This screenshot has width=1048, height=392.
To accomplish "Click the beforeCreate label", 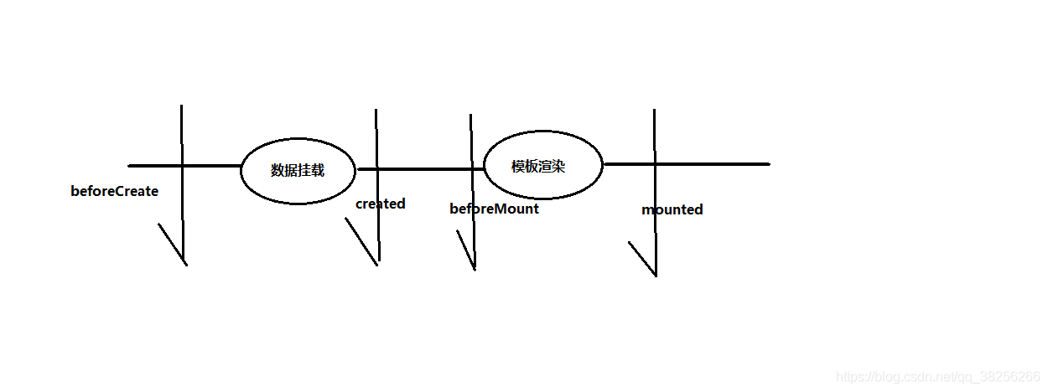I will click(114, 191).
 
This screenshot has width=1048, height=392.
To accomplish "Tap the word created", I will click(380, 204).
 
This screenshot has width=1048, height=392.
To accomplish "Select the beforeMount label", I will click(494, 209).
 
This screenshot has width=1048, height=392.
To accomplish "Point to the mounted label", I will click(672, 209).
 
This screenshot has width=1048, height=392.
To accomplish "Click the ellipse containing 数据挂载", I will click(298, 169).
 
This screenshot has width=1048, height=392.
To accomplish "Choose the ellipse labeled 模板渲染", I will click(543, 165).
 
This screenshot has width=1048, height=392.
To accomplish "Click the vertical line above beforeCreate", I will click(181, 134).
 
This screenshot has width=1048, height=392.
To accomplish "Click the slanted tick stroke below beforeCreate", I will click(172, 244).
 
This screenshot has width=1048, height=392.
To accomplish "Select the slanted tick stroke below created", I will click(361, 241).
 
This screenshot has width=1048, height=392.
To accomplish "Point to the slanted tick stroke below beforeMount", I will click(465, 250).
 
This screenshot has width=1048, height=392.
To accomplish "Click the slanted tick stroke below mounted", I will click(641, 258).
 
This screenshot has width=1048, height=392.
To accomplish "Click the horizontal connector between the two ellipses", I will click(419, 169).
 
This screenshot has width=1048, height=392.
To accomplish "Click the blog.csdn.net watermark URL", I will click(938, 378).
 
